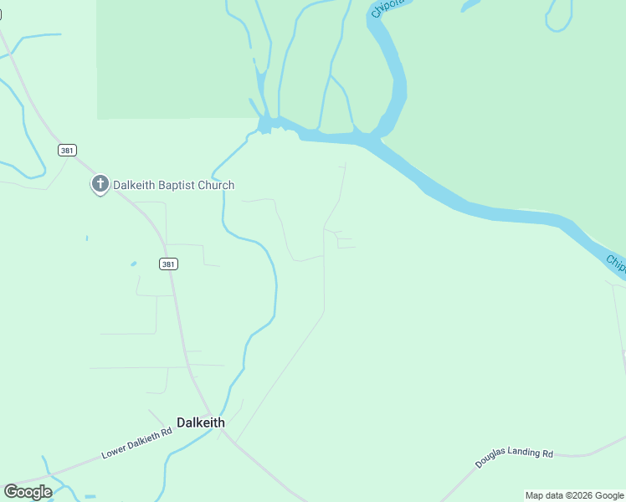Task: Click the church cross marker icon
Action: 100,184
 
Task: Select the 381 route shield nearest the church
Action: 68,151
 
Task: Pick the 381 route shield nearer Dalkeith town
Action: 168,264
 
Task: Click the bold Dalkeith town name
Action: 201,423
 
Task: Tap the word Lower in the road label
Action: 114,452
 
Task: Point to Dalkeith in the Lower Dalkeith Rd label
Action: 145,440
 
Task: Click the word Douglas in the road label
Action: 490,459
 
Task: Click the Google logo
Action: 28,492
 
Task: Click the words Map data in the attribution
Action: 544,496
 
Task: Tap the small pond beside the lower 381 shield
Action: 134,264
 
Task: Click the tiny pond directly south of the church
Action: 87,238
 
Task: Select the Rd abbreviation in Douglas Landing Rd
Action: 547,453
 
